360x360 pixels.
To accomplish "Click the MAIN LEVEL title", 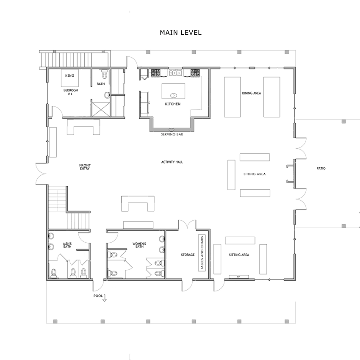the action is tap(181, 33).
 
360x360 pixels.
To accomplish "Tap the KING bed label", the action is tap(69, 75).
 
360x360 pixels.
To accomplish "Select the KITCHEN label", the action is tap(173, 104).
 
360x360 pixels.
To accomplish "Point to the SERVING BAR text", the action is tap(172, 134).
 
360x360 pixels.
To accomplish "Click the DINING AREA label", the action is tap(252, 93).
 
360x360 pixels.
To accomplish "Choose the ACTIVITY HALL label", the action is tap(172, 162).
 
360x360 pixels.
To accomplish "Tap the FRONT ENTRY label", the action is tap(85, 167).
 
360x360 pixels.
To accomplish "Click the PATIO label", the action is tap(321, 169).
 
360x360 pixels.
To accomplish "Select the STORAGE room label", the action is tap(188, 255).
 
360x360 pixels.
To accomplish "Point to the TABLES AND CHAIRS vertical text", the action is tap(202, 253).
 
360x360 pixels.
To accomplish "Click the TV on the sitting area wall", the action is tap(238, 277).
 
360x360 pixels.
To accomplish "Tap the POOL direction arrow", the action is tap(105, 298).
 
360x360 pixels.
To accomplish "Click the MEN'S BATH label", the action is tap(67, 245).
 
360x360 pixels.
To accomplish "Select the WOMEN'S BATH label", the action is tap(139, 245).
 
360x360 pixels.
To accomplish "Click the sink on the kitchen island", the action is tap(174, 95).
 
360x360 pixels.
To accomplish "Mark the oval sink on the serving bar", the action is tap(172, 130).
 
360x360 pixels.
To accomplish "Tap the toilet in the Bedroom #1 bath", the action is tap(105, 74).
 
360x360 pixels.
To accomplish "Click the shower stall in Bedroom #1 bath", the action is tap(100, 110).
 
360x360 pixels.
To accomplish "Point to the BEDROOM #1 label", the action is tap(71, 92).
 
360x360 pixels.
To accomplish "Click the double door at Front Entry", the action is tap(41, 174).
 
